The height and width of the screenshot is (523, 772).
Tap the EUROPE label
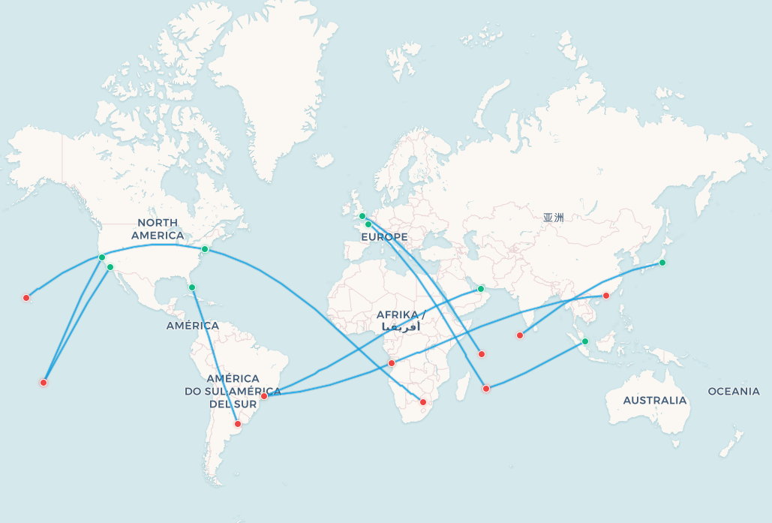tap(384, 237)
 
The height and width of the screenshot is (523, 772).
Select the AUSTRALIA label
tap(654, 400)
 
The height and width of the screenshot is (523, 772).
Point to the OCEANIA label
tap(734, 391)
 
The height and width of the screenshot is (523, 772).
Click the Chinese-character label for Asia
tap(553, 218)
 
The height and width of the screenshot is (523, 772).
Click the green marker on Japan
tap(662, 263)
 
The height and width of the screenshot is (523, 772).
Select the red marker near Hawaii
tap(26, 298)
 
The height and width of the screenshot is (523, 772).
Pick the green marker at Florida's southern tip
tap(192, 287)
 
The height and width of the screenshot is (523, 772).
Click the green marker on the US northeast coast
tap(205, 249)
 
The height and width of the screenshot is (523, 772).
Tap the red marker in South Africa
tap(423, 403)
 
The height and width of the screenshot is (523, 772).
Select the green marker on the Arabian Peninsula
tap(481, 289)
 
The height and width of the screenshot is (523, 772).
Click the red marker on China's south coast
tap(606, 296)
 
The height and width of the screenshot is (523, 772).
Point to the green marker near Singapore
tap(585, 341)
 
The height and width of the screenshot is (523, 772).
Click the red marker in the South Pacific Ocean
tap(44, 383)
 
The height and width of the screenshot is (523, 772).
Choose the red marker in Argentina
tap(238, 424)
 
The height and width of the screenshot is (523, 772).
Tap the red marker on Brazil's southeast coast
tap(264, 396)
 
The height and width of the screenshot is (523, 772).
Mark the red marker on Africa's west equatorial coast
tap(392, 363)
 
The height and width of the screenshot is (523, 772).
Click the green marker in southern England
tap(362, 216)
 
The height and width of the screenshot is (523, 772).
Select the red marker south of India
tap(520, 335)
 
